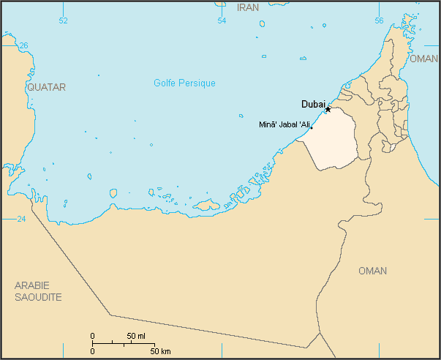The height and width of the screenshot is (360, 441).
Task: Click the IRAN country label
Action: point(249,7)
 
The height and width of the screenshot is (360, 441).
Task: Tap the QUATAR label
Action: point(46,87)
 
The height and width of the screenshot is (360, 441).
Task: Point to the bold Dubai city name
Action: point(313,104)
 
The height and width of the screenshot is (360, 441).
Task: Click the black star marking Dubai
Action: point(328,109)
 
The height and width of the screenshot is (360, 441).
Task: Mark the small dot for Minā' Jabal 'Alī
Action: point(311,129)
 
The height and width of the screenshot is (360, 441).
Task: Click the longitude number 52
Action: point(63,20)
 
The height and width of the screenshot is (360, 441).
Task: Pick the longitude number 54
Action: point(222,20)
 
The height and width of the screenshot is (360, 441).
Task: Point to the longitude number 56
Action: point(379,20)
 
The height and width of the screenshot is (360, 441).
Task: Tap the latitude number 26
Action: point(23,45)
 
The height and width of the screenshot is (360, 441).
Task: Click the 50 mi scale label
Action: point(136,336)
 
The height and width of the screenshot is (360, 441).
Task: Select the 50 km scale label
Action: point(162,351)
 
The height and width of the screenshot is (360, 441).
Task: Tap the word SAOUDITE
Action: point(38,297)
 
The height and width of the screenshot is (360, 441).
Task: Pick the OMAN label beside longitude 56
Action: point(423,59)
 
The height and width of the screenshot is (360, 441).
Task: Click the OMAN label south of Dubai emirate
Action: point(372,271)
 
